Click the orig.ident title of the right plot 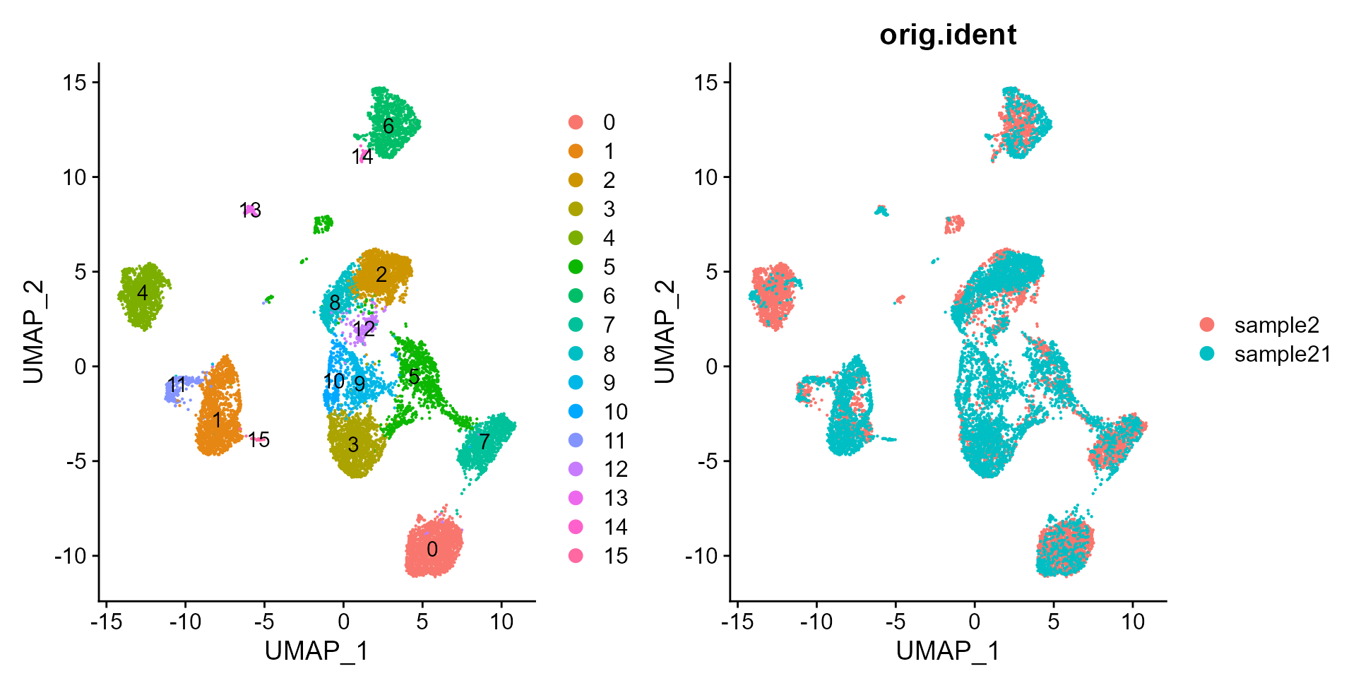947,35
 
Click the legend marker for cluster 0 576,122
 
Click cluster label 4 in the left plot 143,292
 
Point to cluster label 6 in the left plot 388,126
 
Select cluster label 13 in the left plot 250,210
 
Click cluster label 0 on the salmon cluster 432,549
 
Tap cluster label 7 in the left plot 484,441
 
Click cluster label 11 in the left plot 177,385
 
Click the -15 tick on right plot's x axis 737,622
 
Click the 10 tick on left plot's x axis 501,622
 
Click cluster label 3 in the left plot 353,444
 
